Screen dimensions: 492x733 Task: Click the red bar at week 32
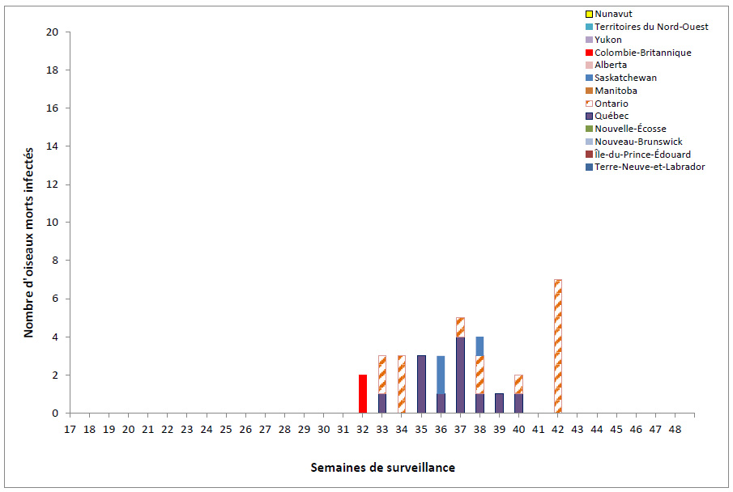tap(362, 394)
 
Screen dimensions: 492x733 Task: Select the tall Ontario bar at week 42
tap(557, 346)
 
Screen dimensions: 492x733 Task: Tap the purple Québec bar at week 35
tap(421, 384)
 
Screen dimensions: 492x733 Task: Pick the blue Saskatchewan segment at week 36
tap(441, 375)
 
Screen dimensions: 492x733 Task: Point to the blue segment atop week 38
tap(479, 346)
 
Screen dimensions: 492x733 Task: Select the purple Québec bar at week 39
tap(499, 403)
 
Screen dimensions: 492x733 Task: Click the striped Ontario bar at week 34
tap(401, 384)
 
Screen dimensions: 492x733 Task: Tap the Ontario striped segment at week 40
tap(518, 384)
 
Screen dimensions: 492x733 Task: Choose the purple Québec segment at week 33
tap(381, 403)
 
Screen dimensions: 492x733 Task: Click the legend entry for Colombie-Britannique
tap(642, 53)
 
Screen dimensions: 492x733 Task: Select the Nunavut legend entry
tap(614, 14)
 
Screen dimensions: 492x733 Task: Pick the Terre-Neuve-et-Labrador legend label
tap(649, 167)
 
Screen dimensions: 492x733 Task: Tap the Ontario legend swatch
tap(589, 104)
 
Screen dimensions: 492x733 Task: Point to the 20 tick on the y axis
tap(53, 32)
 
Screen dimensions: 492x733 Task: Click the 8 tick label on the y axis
tap(55, 261)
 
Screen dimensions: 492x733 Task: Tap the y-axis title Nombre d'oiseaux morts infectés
tap(28, 242)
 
